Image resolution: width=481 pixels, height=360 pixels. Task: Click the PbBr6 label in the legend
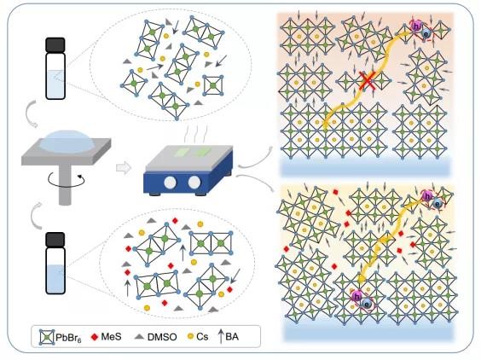click(x=68, y=337)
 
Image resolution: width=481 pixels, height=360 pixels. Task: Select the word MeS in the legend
click(x=111, y=337)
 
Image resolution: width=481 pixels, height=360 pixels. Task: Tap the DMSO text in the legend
click(x=162, y=337)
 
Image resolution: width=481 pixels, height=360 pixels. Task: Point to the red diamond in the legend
click(x=95, y=337)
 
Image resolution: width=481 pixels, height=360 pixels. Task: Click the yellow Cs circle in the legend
click(x=190, y=337)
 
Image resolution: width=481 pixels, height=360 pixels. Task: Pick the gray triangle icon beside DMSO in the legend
click(x=140, y=337)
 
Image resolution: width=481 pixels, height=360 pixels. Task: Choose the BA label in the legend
click(x=232, y=337)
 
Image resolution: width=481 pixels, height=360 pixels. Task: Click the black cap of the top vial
click(x=55, y=45)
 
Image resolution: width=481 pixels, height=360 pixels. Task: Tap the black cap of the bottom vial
click(x=55, y=240)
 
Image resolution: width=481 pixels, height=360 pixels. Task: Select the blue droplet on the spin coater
click(x=67, y=141)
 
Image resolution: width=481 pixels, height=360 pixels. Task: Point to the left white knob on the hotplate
click(x=170, y=183)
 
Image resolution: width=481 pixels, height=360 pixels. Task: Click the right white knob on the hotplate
click(x=194, y=183)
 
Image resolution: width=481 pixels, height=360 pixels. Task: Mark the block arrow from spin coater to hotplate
click(x=124, y=168)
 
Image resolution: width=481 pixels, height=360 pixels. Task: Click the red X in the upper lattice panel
click(x=368, y=81)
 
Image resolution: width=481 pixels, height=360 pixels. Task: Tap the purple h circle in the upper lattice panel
click(x=416, y=26)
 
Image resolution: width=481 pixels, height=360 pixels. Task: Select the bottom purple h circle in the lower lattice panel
click(x=357, y=297)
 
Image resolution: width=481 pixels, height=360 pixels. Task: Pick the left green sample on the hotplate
click(x=183, y=152)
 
